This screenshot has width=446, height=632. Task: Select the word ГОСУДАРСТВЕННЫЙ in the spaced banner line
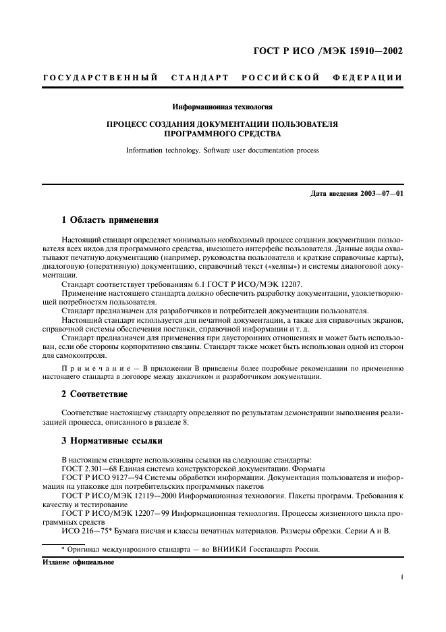click(100, 78)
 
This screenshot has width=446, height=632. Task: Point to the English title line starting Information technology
click(222, 150)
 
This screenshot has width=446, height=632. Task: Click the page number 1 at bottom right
click(401, 577)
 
